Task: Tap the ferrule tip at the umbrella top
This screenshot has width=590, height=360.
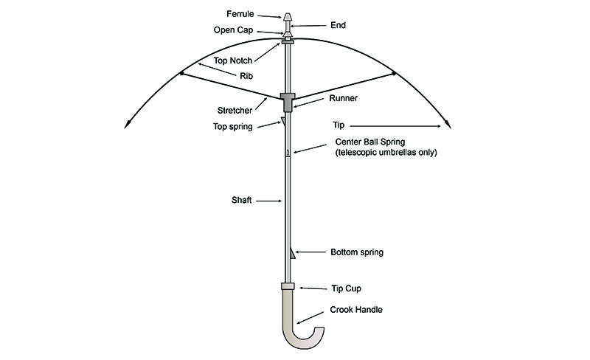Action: click(x=288, y=16)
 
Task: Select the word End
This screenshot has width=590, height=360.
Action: click(x=339, y=24)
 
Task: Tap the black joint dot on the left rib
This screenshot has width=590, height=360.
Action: click(x=181, y=72)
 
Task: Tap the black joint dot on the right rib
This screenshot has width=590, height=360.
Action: click(x=394, y=72)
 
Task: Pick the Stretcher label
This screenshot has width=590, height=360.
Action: click(x=235, y=111)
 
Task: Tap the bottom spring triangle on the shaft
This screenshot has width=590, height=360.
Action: click(x=292, y=255)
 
